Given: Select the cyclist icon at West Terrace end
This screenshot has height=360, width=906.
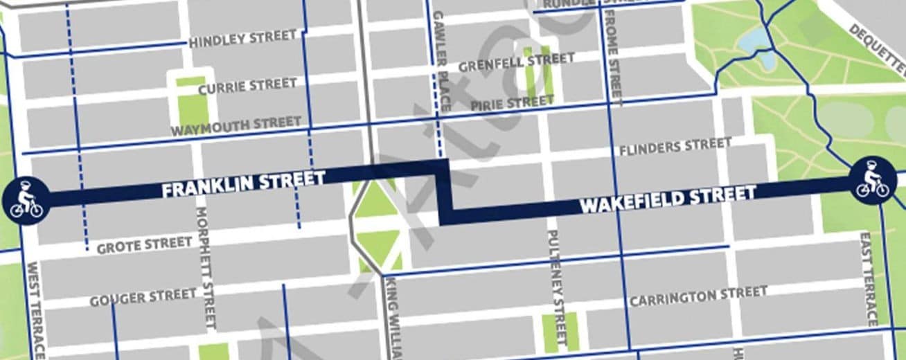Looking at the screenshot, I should tap(25, 200).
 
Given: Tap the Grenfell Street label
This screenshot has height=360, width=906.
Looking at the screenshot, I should tap(516, 62).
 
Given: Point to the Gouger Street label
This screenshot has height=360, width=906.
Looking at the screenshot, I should tap(143, 298).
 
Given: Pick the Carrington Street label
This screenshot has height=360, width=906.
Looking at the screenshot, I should tap(698, 296).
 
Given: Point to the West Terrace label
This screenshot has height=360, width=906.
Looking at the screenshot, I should tap(35, 309).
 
